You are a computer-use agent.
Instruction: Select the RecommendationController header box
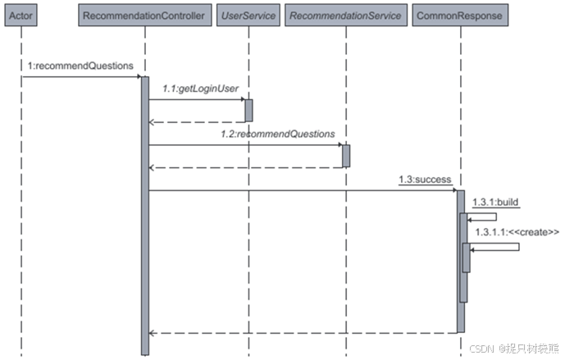(144, 15)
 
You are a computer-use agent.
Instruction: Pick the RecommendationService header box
(346, 15)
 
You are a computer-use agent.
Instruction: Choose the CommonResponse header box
(459, 15)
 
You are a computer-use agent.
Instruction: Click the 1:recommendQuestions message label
(80, 66)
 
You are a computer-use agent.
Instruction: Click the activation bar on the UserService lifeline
(248, 110)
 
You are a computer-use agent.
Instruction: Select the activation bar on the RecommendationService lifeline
(346, 156)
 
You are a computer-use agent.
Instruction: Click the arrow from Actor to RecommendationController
(82, 77)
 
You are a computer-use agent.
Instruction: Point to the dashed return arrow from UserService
(197, 122)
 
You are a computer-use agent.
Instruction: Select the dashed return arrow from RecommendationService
(246, 168)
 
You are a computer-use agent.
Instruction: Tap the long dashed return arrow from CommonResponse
(303, 333)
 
